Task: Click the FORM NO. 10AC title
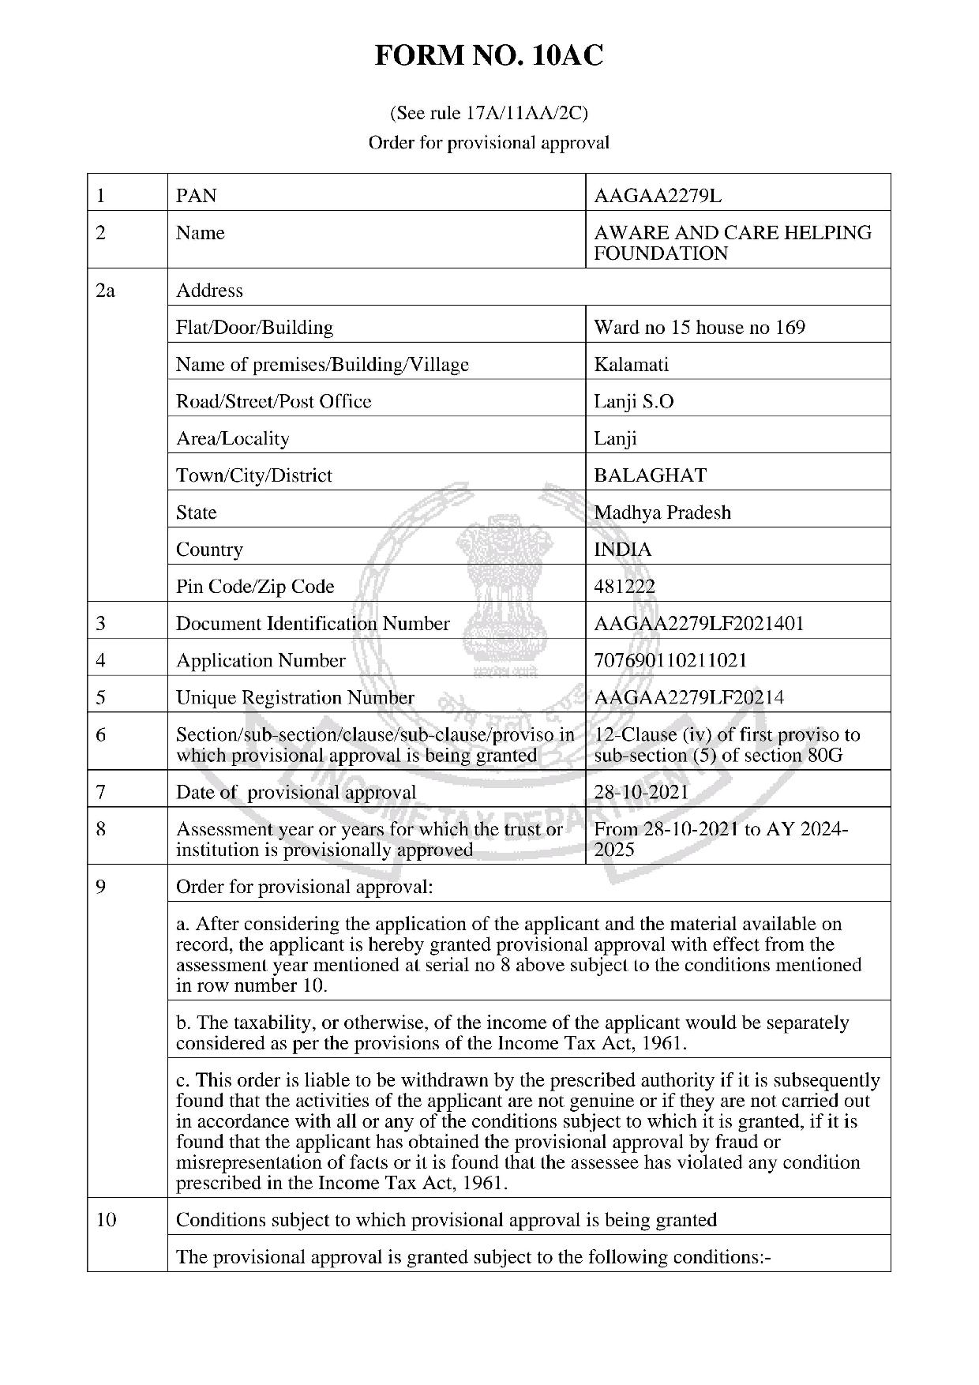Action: click(x=489, y=56)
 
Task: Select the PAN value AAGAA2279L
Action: click(x=657, y=196)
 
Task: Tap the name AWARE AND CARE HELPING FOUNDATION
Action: click(x=732, y=243)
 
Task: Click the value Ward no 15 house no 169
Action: click(x=700, y=328)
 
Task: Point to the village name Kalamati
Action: click(x=631, y=365)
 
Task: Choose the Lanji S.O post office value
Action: click(x=634, y=402)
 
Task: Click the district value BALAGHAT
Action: click(x=650, y=475)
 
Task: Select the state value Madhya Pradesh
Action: click(x=662, y=512)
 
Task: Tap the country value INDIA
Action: click(x=622, y=550)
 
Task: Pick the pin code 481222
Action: click(x=625, y=587)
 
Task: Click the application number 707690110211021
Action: click(x=670, y=661)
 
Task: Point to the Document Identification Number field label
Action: click(x=313, y=624)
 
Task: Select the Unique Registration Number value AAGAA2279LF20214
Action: click(x=688, y=698)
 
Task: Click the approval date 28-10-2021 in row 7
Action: click(x=641, y=793)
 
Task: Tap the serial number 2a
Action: click(x=105, y=291)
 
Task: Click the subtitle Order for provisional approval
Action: click(x=489, y=143)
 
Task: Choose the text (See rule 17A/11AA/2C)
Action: click(x=489, y=114)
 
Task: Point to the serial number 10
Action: click(x=106, y=1220)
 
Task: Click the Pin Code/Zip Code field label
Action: click(x=255, y=587)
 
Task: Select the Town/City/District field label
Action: click(x=253, y=475)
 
